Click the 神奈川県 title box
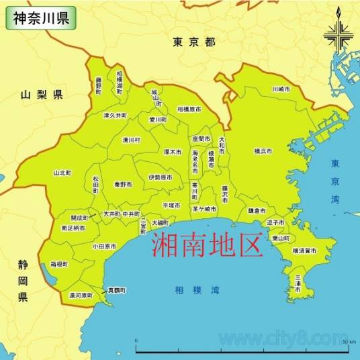[39, 17]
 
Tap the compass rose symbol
[338, 34]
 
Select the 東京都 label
[193, 42]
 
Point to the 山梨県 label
[42, 95]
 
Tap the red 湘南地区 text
[205, 244]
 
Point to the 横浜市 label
[263, 152]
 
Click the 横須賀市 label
[304, 251]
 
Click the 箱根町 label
[58, 265]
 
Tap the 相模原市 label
[190, 108]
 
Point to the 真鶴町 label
[118, 291]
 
